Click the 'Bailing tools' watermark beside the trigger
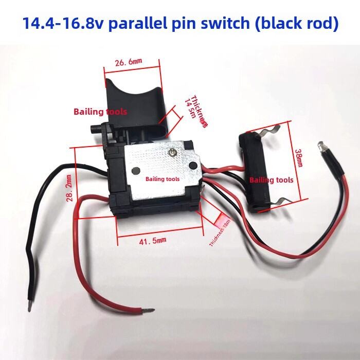point(100,111)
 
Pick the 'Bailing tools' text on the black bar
point(271,180)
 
